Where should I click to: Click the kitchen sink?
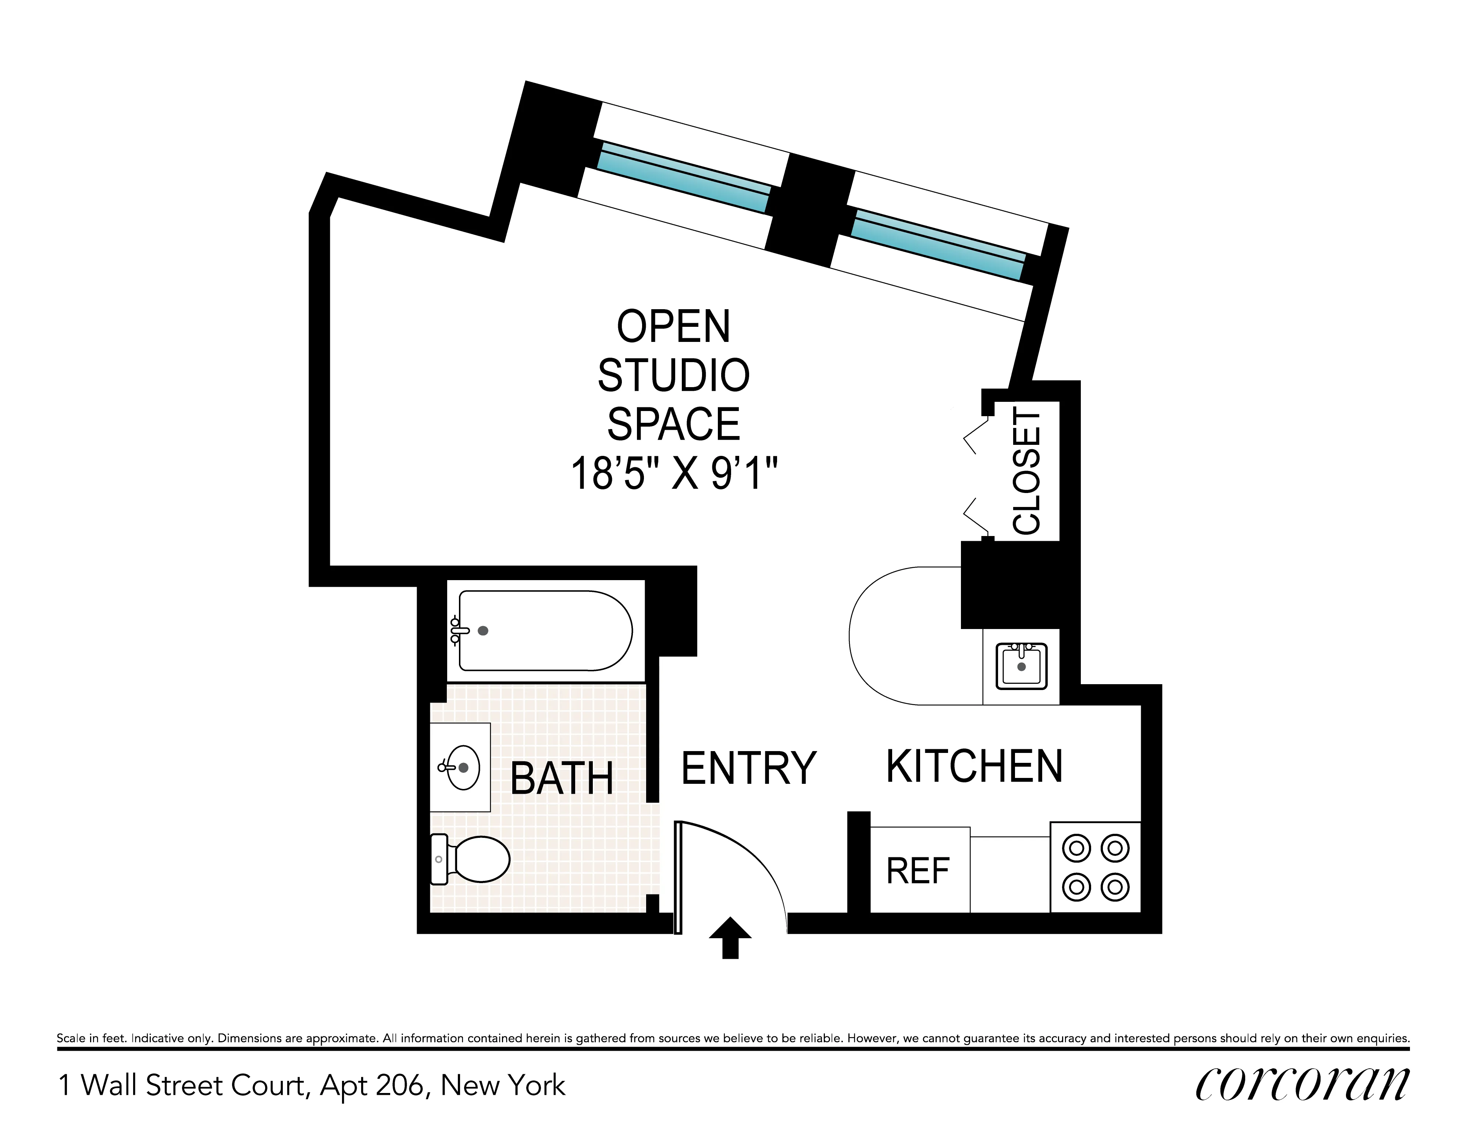1021,666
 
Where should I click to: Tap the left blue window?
684,178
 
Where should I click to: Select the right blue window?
937,245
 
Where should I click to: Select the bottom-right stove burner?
1115,887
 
